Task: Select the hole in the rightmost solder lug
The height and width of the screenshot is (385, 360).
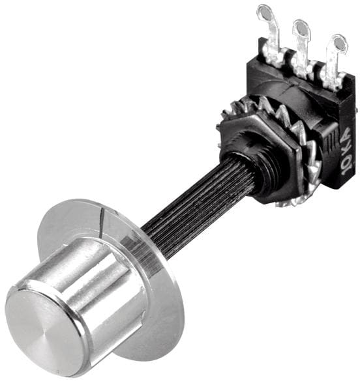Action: tap(338, 43)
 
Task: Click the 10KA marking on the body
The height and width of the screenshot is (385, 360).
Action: tap(347, 152)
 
